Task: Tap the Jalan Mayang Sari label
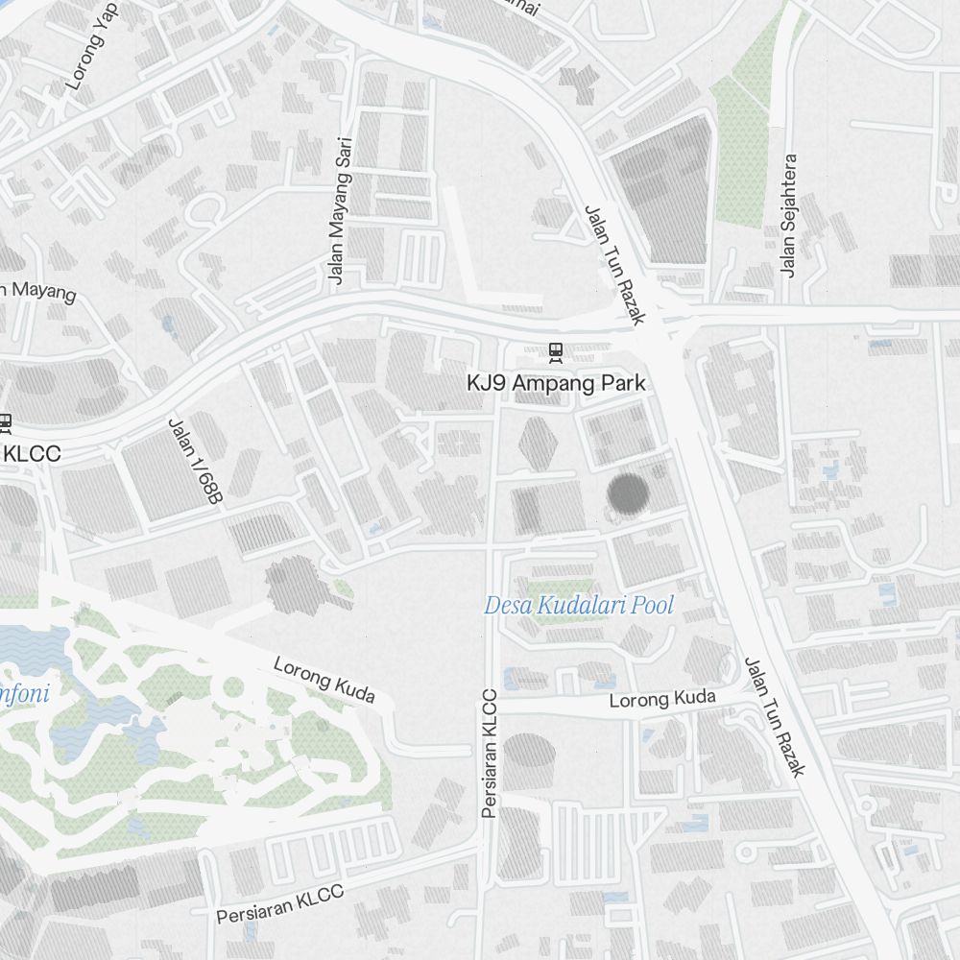[341, 211]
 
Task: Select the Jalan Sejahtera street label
[789, 216]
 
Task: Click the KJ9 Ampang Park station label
[556, 383]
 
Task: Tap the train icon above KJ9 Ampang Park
[555, 352]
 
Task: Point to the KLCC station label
[31, 453]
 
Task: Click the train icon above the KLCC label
[5, 421]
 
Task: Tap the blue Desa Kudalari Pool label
[579, 606]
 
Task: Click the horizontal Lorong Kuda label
[662, 699]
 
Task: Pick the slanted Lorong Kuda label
[324, 680]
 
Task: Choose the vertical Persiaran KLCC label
[491, 754]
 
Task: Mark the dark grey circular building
[628, 494]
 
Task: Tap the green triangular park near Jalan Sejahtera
[740, 144]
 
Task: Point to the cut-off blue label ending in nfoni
[24, 691]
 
